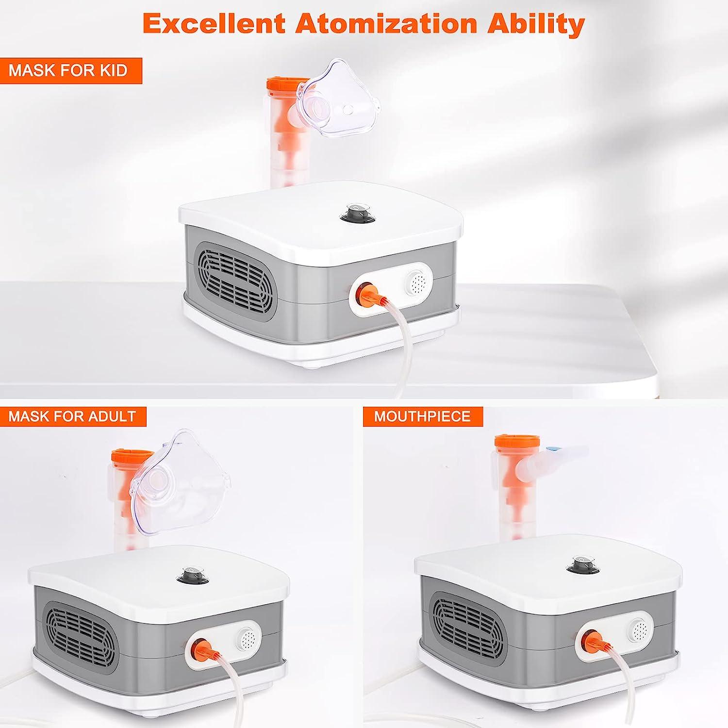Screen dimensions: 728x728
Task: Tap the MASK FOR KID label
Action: coord(68,70)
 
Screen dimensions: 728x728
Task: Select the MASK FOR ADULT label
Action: coord(72,416)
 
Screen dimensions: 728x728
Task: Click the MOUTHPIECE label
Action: coord(422,416)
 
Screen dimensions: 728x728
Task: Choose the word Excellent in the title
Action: coord(214,23)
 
